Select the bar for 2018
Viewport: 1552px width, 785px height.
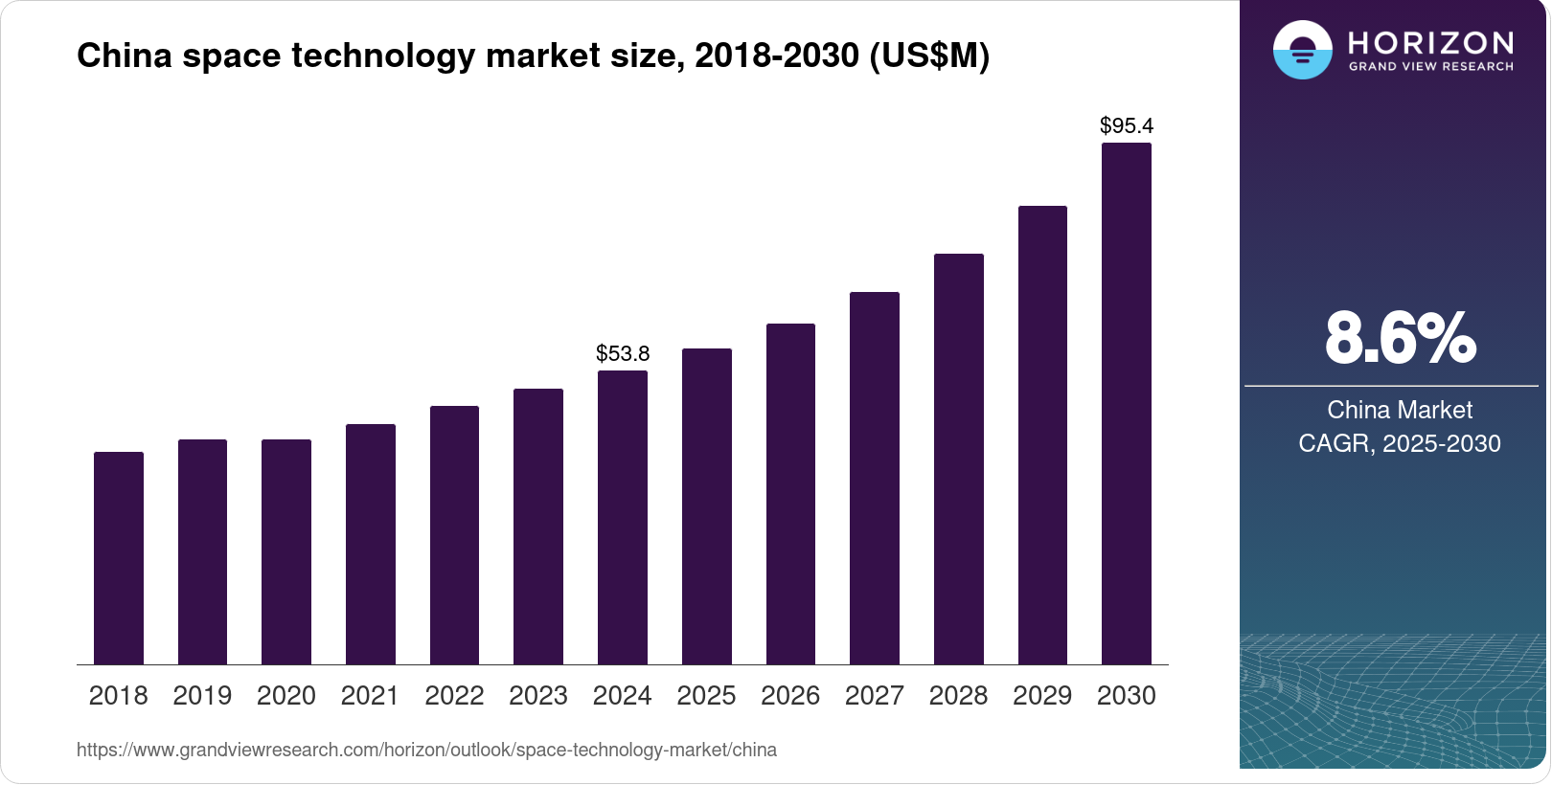[x=119, y=558]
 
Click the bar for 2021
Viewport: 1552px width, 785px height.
[x=371, y=544]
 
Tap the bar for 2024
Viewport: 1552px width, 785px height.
[x=623, y=517]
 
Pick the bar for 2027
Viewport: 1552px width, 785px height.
[x=875, y=478]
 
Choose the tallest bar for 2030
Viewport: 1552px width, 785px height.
[x=1127, y=403]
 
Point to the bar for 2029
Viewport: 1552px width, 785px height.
[x=1042, y=435]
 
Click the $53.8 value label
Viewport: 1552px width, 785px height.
[x=623, y=353]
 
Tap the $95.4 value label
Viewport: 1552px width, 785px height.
[x=1127, y=125]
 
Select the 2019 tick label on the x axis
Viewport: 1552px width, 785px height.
[x=202, y=695]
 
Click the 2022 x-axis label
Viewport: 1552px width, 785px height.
[x=454, y=695]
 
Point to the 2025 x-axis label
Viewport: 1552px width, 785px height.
[x=706, y=695]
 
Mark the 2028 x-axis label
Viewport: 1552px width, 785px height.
[x=958, y=695]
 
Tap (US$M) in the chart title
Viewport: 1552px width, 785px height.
[x=929, y=56]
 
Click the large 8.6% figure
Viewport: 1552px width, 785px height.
[x=1400, y=338]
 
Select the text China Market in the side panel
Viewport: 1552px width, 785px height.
[x=1400, y=410]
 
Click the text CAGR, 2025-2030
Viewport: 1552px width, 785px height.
[x=1400, y=443]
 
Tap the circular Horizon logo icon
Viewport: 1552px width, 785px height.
[x=1302, y=50]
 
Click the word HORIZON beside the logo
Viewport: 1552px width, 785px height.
[x=1430, y=42]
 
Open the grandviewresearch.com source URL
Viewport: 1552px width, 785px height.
[x=426, y=750]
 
